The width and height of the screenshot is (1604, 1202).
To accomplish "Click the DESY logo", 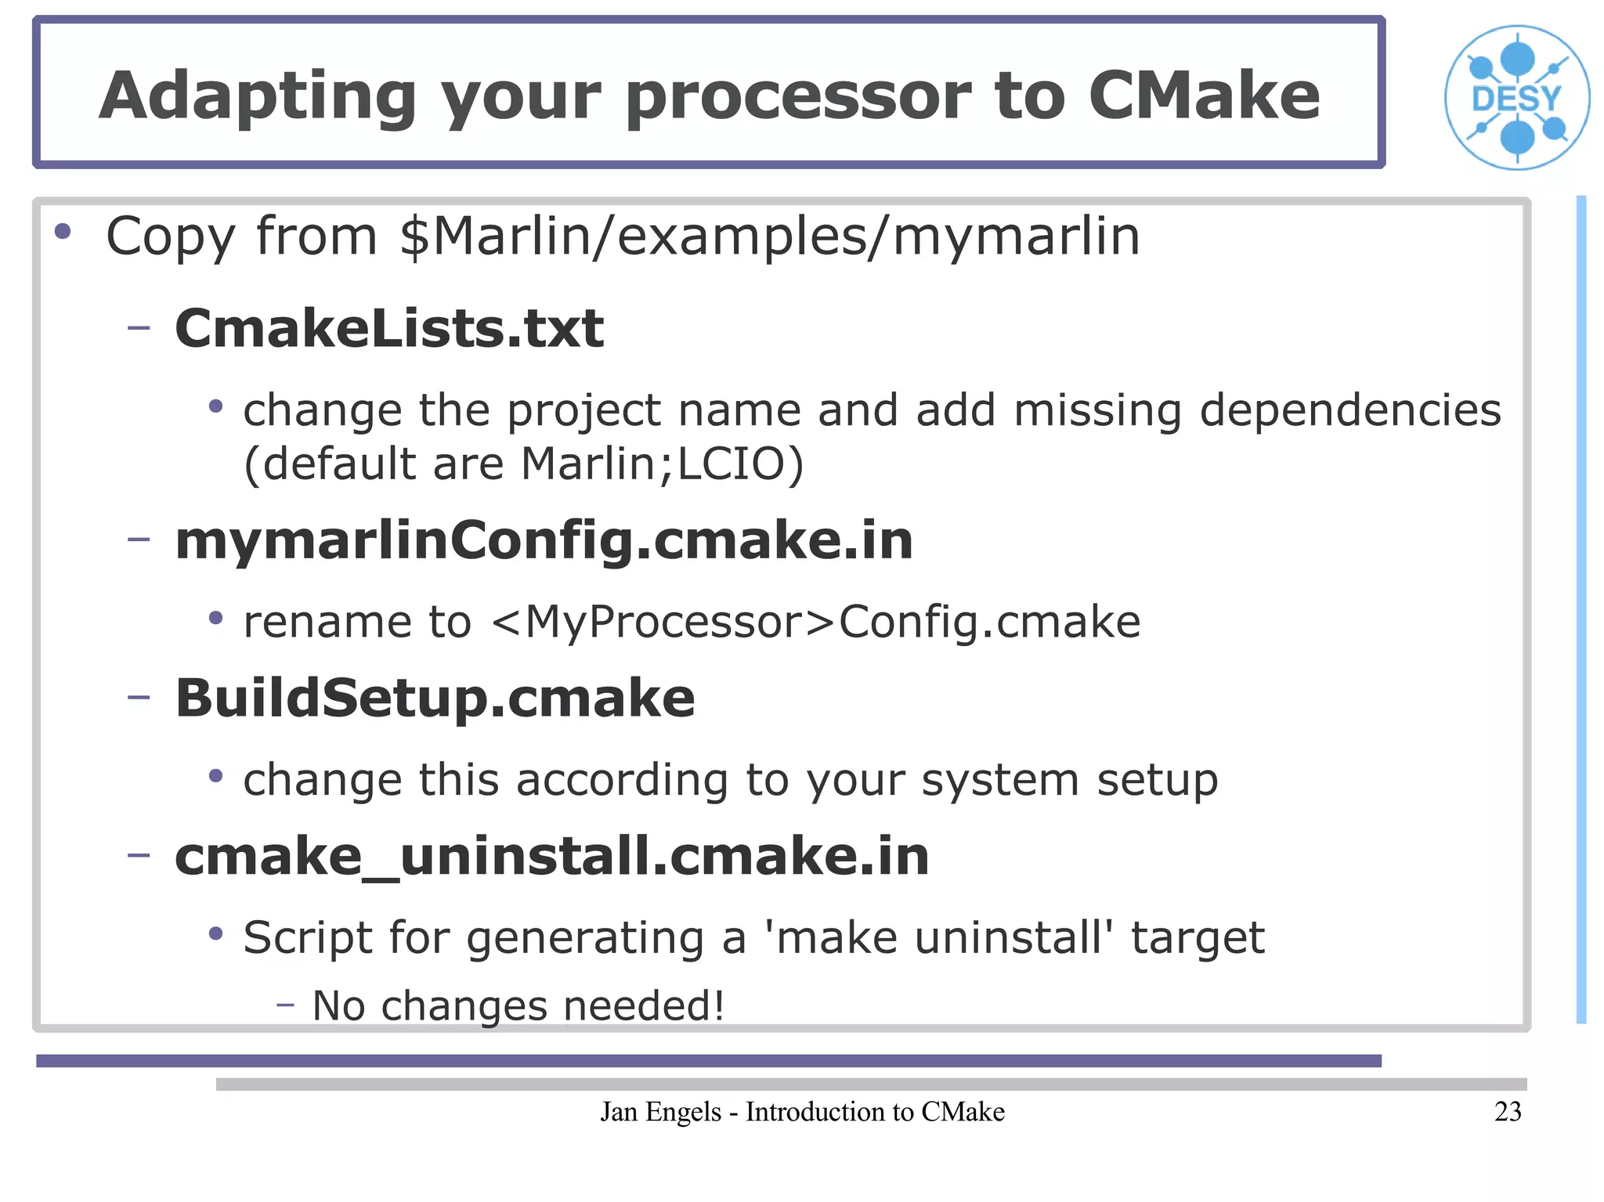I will pyautogui.click(x=1517, y=98).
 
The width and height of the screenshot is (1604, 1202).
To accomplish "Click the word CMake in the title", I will pyautogui.click(x=1204, y=96).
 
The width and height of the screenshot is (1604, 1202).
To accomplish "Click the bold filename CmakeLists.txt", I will pyautogui.click(x=389, y=328).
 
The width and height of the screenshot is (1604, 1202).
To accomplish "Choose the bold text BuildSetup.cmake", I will pyautogui.click(x=435, y=698).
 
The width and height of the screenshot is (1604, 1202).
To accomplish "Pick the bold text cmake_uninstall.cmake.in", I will pyautogui.click(x=552, y=856).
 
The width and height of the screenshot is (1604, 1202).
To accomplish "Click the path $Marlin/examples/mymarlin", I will pyautogui.click(x=769, y=236).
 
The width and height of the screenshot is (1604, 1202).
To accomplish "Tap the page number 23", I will pyautogui.click(x=1508, y=1111).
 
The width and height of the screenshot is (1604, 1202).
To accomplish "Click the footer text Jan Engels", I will pyautogui.click(x=660, y=1111).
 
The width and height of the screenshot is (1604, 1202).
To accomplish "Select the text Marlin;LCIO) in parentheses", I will pyautogui.click(x=662, y=464).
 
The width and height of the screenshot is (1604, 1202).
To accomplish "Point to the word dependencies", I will pyautogui.click(x=1350, y=410).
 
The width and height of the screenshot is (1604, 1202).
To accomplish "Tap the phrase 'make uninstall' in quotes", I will pyautogui.click(x=940, y=937).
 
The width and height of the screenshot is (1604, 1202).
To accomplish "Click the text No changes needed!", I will pyautogui.click(x=518, y=1005).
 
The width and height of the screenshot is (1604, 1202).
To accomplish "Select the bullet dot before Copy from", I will pyautogui.click(x=63, y=232).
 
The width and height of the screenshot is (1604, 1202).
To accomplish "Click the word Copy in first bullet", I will pyautogui.click(x=170, y=237).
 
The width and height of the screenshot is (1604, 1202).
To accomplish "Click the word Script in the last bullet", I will pyautogui.click(x=307, y=937).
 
